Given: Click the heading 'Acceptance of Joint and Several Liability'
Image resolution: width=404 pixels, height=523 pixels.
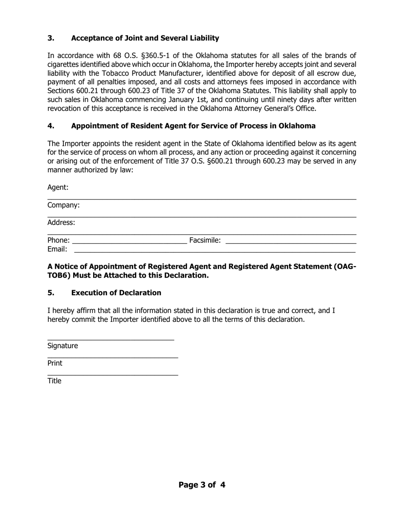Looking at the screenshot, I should point(145,38).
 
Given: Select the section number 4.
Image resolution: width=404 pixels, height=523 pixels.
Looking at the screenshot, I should point(51,126).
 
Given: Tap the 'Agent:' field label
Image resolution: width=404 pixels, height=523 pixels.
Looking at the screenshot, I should point(58,188).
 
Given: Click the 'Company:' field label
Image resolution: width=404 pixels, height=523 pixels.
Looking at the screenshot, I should point(63,205).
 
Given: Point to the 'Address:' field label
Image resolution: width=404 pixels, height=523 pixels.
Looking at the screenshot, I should point(61,222).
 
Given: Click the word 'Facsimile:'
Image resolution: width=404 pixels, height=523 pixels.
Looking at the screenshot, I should point(205,241).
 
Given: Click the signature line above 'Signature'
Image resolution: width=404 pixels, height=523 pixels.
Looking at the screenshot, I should point(111,339).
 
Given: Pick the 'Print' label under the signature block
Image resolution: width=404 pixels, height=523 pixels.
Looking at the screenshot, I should point(54,363).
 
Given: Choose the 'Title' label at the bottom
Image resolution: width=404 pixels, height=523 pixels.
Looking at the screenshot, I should point(54,381).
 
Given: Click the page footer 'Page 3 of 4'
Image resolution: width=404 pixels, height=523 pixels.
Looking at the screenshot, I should point(202,485).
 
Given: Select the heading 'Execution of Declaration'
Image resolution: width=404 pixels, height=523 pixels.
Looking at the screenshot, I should point(116,293).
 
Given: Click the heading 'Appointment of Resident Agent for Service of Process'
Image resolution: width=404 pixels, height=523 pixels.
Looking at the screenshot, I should point(193,126).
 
